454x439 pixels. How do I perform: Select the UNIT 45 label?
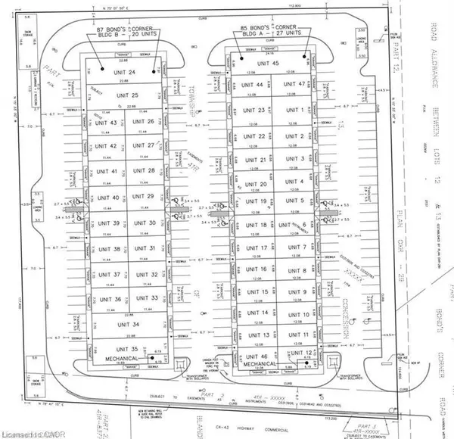pos(271,63)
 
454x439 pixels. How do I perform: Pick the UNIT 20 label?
pos(258,185)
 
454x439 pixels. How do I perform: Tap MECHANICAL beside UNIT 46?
pos(258,364)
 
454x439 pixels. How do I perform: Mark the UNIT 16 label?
pos(258,269)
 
